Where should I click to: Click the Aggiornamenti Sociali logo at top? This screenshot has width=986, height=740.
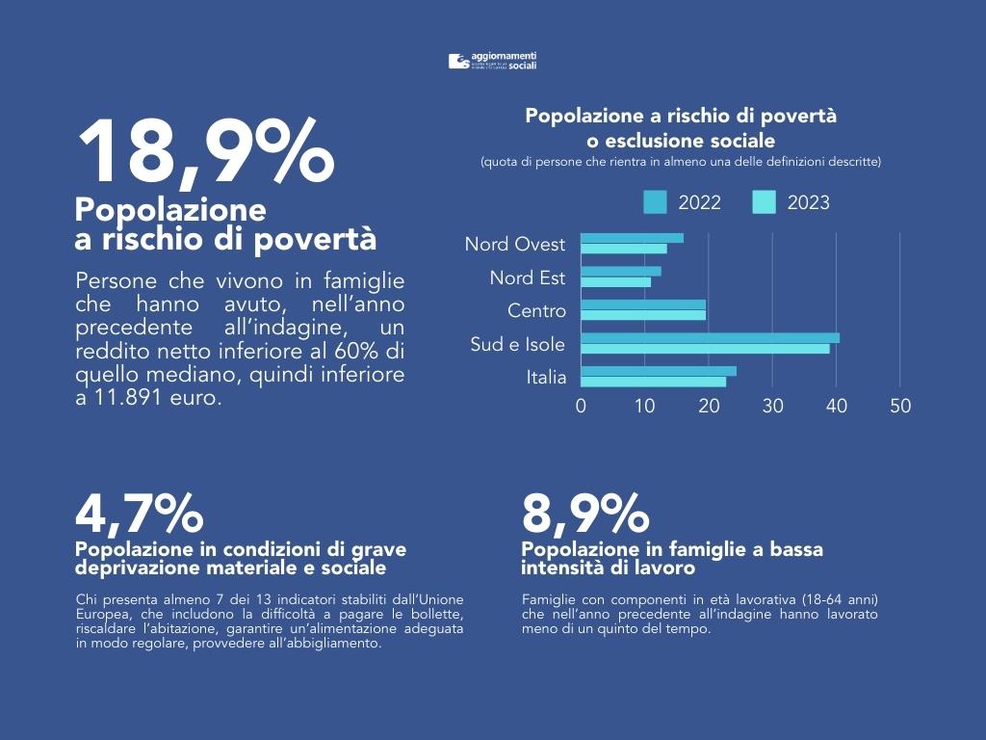tap(492, 62)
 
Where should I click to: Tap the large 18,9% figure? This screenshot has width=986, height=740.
tap(204, 152)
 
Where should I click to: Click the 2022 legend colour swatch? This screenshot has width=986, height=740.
tap(655, 202)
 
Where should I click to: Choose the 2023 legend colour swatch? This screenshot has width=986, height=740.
tap(764, 202)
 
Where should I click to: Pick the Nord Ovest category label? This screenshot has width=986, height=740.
tap(515, 245)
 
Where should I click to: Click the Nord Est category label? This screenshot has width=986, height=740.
tap(528, 278)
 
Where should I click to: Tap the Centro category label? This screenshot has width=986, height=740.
tap(536, 311)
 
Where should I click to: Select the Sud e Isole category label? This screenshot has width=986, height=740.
tap(518, 344)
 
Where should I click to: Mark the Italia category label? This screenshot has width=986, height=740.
tap(546, 378)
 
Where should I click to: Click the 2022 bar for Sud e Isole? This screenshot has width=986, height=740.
tap(710, 338)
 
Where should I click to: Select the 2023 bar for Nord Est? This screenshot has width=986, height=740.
tap(615, 282)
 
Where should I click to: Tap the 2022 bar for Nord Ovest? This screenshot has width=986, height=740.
tap(632, 238)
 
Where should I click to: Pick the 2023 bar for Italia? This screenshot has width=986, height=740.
tap(653, 382)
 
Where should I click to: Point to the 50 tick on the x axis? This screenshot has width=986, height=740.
tap(900, 407)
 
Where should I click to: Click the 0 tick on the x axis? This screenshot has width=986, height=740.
tap(581, 407)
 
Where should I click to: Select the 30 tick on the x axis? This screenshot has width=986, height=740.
tap(772, 407)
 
